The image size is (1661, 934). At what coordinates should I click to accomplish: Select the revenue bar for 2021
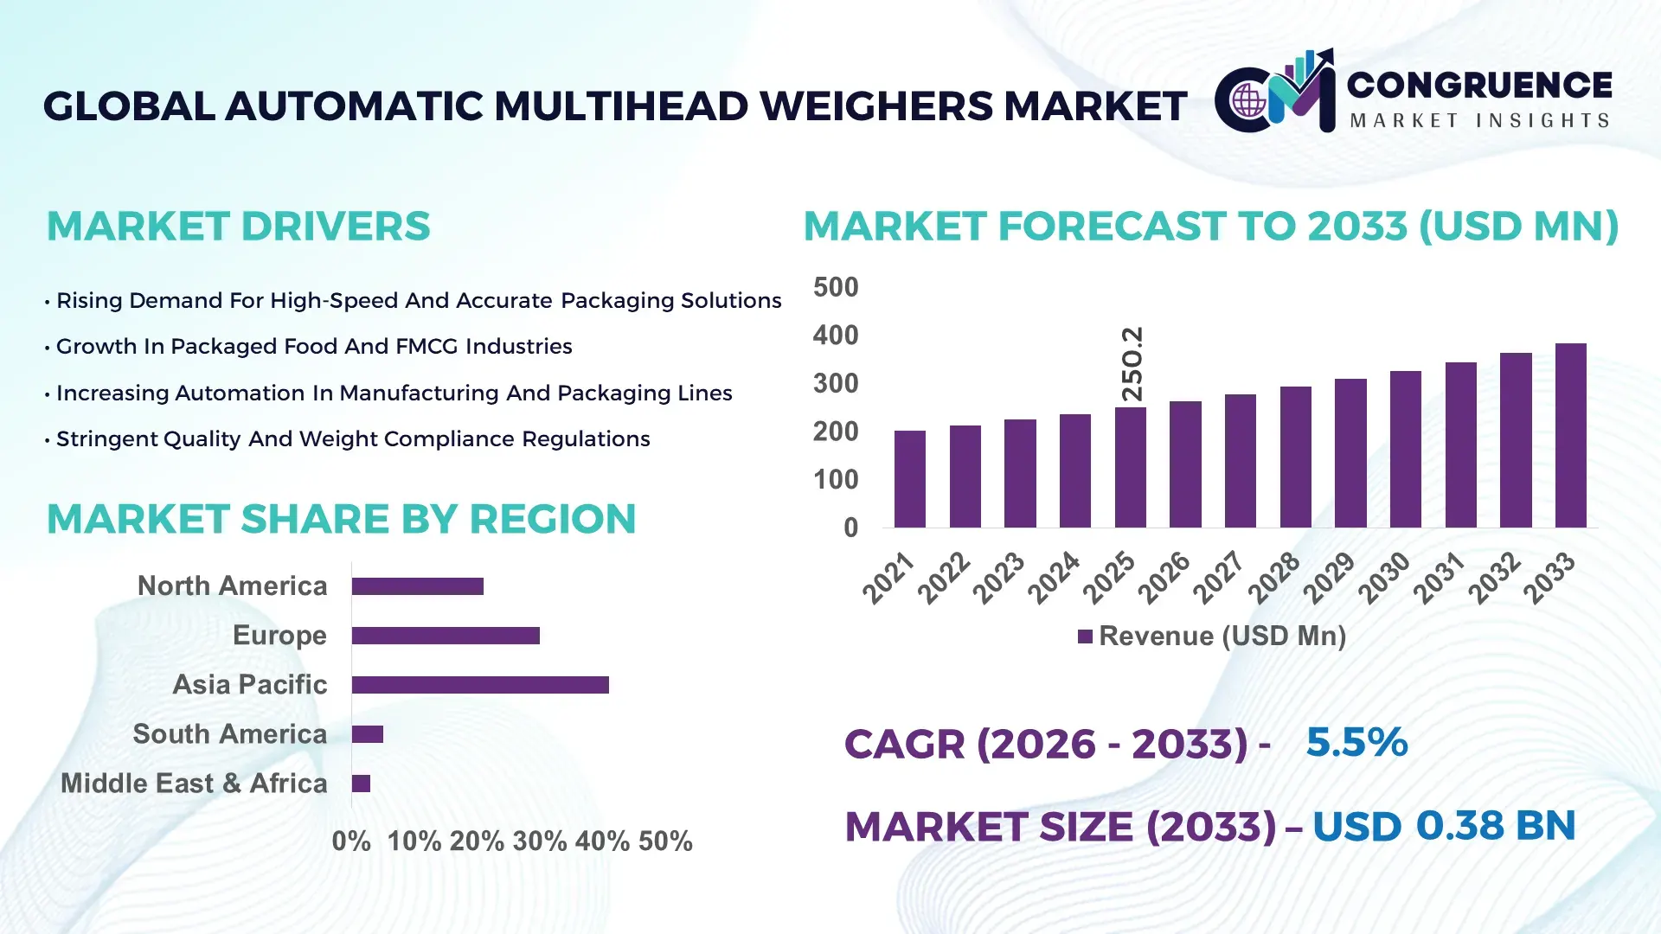point(909,479)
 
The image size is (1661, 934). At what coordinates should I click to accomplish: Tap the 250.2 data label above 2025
point(1132,363)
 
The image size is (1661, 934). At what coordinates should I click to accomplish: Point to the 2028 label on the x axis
point(1274,577)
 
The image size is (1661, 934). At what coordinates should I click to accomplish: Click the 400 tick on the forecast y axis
point(835,336)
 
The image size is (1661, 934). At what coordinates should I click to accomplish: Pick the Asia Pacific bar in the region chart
point(480,685)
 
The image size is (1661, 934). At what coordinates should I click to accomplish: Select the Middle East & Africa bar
point(361,784)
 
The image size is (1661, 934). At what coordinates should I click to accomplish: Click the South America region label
point(229,734)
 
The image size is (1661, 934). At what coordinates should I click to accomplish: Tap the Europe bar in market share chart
point(446,636)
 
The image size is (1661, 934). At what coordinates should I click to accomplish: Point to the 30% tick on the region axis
point(539,841)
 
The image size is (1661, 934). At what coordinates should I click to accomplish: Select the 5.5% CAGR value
point(1356,742)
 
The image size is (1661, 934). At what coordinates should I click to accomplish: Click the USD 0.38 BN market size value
point(1443,826)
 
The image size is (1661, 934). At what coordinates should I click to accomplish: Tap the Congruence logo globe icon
point(1248,101)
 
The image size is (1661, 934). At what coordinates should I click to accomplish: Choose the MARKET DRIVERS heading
point(238,227)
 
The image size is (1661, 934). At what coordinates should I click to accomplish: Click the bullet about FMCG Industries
point(313,347)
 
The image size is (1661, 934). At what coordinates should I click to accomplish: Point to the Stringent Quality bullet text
point(352,439)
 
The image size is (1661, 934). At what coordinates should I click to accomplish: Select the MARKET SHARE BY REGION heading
point(341,520)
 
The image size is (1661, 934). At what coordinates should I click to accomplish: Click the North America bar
point(417,586)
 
